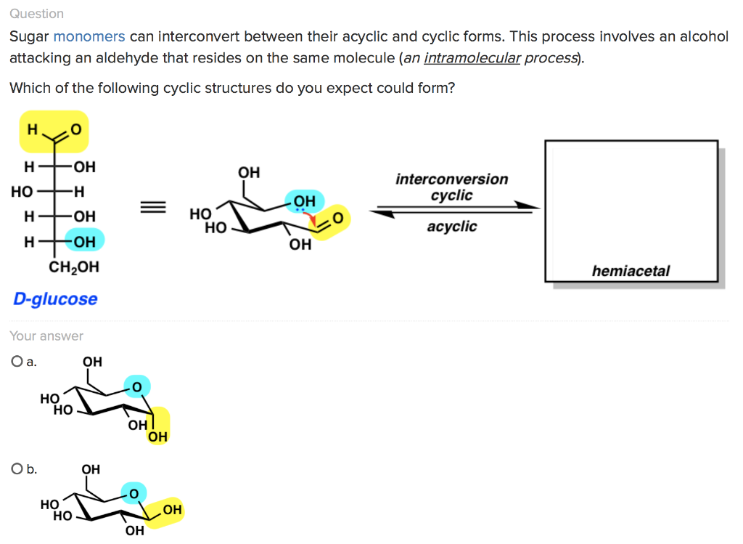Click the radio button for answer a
(x=16, y=362)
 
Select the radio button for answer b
(x=16, y=469)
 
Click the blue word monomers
(x=89, y=36)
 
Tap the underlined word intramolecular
(x=472, y=58)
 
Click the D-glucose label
(x=55, y=299)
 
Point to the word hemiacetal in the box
(x=631, y=271)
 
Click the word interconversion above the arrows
(x=451, y=179)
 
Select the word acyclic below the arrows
(x=451, y=227)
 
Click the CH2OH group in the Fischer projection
(x=74, y=267)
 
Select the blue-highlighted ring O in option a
(x=136, y=386)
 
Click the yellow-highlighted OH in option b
(x=172, y=510)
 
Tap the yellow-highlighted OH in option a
(x=157, y=436)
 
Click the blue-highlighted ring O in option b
(x=133, y=494)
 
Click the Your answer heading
(x=46, y=336)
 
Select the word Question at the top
(x=36, y=14)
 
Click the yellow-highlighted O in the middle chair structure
(x=337, y=218)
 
